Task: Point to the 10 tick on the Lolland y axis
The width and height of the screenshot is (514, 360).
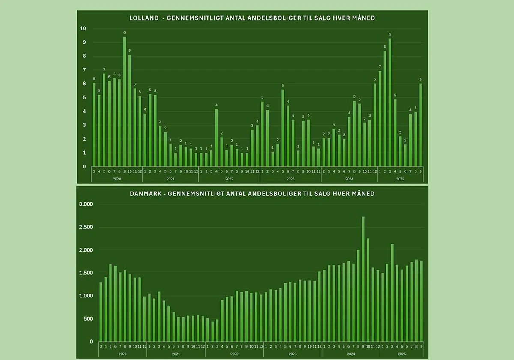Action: (83, 29)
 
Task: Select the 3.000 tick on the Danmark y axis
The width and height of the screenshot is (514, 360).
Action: (86, 204)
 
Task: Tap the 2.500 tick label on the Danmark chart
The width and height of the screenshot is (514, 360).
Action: (86, 227)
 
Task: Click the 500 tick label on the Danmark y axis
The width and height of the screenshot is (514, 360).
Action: (88, 319)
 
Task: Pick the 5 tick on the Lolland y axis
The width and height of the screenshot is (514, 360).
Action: (84, 98)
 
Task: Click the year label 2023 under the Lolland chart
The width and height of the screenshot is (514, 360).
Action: (290, 178)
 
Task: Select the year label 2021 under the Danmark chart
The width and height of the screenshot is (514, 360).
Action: (176, 354)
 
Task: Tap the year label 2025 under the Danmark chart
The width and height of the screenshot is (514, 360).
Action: (402, 354)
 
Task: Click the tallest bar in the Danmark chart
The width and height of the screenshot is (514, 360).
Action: (363, 279)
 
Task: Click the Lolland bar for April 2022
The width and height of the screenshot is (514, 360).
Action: (216, 138)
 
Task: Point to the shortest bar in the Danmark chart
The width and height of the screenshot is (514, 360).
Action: (212, 332)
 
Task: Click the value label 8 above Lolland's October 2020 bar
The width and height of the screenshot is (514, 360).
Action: (130, 51)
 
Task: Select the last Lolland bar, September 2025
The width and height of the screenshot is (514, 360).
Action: (421, 125)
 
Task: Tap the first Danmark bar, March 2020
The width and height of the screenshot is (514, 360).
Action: (101, 312)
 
